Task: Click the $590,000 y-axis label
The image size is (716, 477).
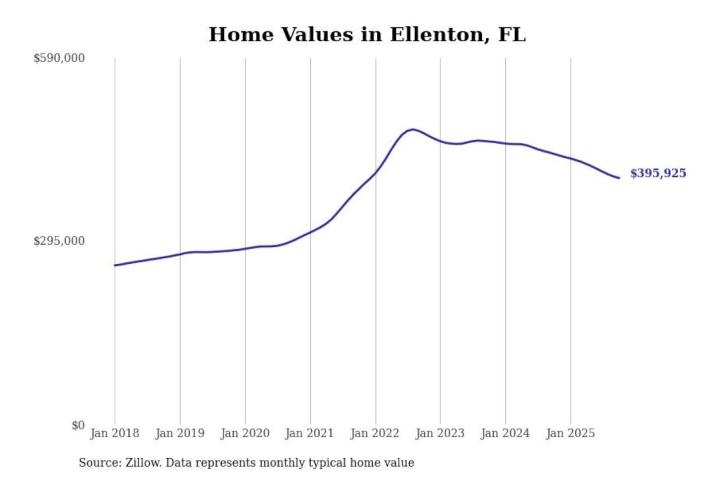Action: click(59, 58)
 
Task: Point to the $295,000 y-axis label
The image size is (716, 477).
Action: click(59, 241)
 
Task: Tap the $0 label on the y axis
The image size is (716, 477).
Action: click(78, 425)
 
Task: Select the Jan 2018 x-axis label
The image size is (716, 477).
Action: click(114, 433)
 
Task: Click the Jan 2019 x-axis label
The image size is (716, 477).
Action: click(179, 433)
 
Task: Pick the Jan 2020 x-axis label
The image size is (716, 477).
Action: click(245, 433)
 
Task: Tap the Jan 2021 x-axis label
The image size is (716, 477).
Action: click(309, 433)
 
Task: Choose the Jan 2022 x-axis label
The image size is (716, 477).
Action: click(374, 433)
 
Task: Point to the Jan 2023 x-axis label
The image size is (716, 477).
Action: click(440, 433)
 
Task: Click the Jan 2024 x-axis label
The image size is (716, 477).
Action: click(505, 433)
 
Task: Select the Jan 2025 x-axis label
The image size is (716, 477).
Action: click(570, 433)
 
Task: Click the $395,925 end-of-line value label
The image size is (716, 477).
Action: click(658, 173)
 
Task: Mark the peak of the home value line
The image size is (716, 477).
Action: click(412, 129)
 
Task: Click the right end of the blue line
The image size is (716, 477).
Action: click(619, 178)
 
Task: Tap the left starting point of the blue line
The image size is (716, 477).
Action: click(115, 265)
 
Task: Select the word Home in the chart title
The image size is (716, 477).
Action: click(241, 35)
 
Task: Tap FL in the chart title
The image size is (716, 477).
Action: click(512, 35)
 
